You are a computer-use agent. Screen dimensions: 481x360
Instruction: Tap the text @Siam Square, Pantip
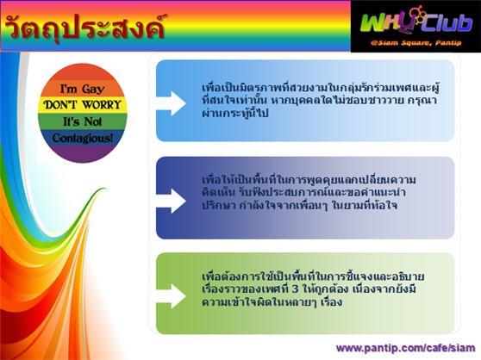click(416, 42)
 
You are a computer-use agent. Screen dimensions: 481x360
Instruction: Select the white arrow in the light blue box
click(171, 103)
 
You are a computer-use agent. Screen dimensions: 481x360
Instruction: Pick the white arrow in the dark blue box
click(171, 201)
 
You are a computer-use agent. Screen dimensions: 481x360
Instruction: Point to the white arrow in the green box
click(171, 296)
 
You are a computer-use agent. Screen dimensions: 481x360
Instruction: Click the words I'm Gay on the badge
click(82, 90)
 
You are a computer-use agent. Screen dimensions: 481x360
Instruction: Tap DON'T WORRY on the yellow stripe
click(82, 105)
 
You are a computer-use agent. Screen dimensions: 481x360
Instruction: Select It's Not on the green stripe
click(82, 121)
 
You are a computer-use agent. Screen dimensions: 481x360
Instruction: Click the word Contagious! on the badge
click(82, 138)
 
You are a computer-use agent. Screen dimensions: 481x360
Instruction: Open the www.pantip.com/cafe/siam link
click(405, 348)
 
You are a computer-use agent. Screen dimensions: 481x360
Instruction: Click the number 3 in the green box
click(295, 289)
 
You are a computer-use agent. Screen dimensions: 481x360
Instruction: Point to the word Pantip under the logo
click(448, 42)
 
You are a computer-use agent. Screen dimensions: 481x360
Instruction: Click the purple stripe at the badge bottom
click(82, 154)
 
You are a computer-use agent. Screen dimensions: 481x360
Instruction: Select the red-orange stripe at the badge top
click(82, 73)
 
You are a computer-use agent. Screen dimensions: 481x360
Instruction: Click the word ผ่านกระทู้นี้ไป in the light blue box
click(235, 114)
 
